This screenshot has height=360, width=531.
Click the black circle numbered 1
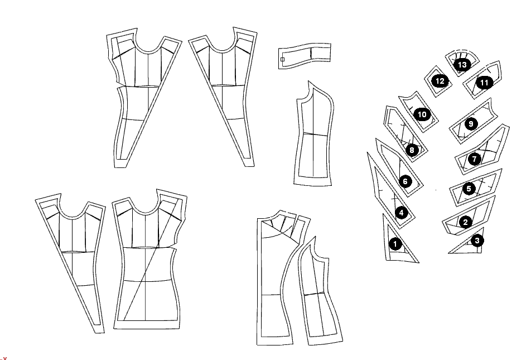(x=395, y=244)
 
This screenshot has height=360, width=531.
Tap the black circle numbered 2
(x=465, y=222)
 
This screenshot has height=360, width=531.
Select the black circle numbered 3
(x=477, y=241)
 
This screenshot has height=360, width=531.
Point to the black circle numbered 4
(x=401, y=213)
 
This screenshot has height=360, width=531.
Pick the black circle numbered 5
(x=469, y=189)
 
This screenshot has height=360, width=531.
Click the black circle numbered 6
(x=406, y=181)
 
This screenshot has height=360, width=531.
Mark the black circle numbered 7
(x=475, y=159)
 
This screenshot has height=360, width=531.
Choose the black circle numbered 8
(x=412, y=150)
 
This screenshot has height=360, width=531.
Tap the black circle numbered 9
(x=471, y=124)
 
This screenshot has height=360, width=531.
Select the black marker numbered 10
(x=422, y=114)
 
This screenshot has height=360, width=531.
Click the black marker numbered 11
(x=484, y=83)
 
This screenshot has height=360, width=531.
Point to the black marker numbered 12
(x=440, y=81)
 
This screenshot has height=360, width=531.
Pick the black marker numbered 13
(x=462, y=64)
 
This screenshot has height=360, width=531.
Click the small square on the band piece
(x=282, y=59)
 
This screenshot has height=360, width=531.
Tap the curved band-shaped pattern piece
(x=305, y=56)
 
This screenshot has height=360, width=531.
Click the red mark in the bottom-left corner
(x=4, y=358)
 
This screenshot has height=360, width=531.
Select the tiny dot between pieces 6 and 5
(x=436, y=190)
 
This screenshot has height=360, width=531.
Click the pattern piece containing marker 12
(x=439, y=81)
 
